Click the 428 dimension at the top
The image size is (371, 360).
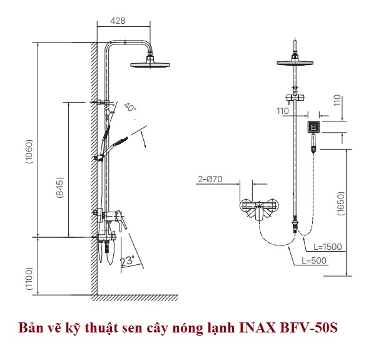118,21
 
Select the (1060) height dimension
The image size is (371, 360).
29,152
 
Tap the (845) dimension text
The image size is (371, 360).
59,187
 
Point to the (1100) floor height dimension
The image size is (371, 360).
29,279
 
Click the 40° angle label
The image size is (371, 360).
130,107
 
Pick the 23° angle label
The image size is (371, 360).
127,260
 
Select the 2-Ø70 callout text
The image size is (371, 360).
210,179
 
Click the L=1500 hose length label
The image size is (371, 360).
328,247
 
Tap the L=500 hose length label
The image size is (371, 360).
314,260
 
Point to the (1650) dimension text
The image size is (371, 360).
342,203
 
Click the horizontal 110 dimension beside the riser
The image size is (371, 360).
283,111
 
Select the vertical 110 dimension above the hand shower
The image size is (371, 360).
338,100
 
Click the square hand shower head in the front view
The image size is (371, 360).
313,127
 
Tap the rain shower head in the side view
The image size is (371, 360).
150,64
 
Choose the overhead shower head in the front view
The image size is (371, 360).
295,62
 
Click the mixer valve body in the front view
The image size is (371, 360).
259,208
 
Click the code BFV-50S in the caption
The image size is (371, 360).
308,328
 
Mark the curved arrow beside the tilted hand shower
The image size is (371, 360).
144,139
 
